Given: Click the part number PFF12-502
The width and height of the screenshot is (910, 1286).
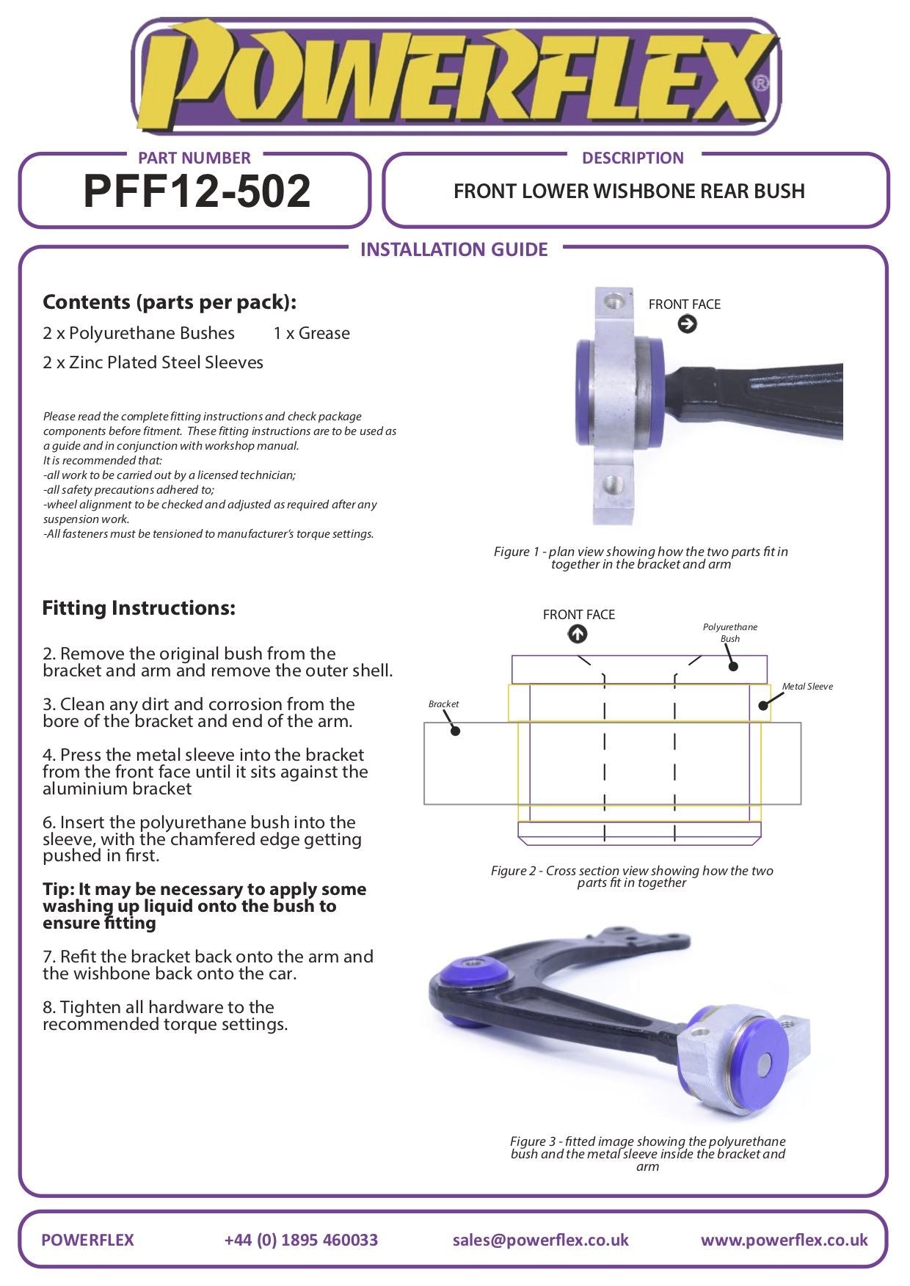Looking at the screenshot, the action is (197, 191).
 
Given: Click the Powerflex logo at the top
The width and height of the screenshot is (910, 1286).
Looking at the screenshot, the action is (455, 76).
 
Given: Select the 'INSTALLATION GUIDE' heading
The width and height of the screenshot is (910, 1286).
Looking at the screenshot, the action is (454, 249).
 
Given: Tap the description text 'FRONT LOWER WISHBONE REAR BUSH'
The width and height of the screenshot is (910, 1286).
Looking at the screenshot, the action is (629, 191).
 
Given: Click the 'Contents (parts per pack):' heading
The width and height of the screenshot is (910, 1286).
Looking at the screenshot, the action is (170, 302).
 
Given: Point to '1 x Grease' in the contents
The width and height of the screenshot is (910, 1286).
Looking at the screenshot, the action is (312, 333).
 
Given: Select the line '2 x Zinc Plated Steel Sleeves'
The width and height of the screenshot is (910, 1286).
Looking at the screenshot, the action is (153, 362).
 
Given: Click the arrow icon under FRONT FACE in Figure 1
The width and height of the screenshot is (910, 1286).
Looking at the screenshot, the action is (687, 324).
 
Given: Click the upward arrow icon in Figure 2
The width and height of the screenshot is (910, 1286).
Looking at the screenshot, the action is (578, 634).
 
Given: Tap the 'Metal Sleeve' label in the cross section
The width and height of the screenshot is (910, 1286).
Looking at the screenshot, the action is (807, 687).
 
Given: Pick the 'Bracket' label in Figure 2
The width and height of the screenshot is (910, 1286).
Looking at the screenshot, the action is (443, 704).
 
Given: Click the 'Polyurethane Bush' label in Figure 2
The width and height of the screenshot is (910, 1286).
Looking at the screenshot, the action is (730, 633).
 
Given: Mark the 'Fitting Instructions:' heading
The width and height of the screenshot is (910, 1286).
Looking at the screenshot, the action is (139, 608).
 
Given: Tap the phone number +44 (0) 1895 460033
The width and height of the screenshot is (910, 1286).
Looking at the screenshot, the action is (301, 1240).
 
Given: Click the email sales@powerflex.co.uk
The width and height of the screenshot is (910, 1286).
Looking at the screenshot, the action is (541, 1240).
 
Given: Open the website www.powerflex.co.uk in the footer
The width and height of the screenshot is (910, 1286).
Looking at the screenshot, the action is (784, 1240).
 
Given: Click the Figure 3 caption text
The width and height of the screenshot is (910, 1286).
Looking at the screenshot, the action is (648, 1154).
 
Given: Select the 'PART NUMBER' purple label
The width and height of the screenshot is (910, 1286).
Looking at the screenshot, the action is (194, 158).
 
